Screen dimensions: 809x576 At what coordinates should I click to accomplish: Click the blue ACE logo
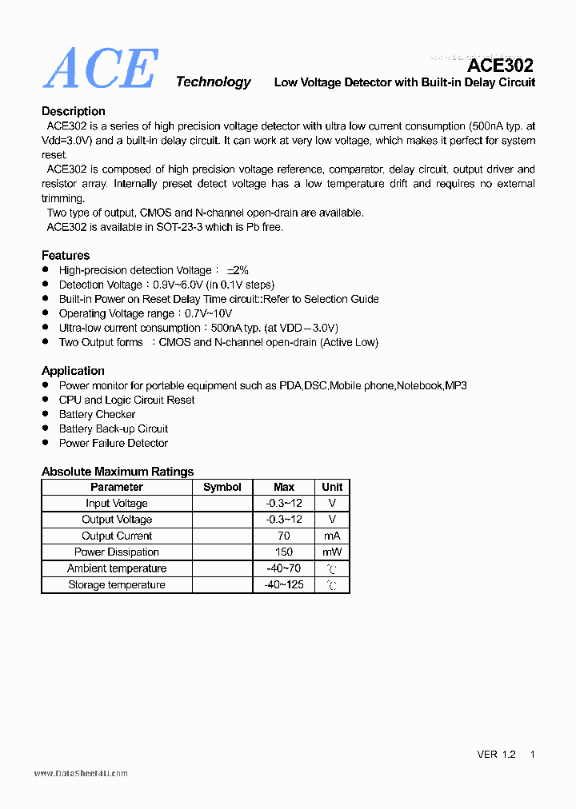tap(100, 69)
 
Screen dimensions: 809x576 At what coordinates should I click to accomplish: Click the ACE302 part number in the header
tap(500, 66)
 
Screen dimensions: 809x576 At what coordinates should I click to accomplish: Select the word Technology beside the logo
tap(213, 82)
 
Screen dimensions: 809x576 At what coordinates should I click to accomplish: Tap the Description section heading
tap(74, 111)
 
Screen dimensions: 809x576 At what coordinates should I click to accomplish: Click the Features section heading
tap(66, 255)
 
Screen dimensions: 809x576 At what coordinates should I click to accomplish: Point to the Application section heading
tap(73, 371)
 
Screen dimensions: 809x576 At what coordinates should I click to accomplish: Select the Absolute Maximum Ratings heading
tap(118, 472)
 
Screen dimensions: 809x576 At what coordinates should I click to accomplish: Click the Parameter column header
tap(117, 487)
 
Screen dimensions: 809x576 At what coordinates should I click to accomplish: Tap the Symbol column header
tap(222, 487)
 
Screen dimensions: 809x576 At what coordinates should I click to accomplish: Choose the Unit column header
tap(332, 487)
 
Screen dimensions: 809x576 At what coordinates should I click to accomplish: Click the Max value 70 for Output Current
tap(284, 536)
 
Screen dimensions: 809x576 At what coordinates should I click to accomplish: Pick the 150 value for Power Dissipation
tap(284, 552)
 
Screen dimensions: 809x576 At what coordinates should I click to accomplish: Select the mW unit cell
tap(332, 552)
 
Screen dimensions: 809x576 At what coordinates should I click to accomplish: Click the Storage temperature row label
tap(117, 584)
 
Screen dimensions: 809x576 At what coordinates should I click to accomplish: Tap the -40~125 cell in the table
tap(284, 584)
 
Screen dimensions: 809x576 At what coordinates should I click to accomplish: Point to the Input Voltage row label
tap(117, 503)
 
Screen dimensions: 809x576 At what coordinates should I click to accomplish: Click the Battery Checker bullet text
tap(98, 414)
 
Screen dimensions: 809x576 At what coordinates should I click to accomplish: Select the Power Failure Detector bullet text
tap(114, 443)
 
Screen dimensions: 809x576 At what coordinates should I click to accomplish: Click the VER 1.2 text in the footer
tap(497, 755)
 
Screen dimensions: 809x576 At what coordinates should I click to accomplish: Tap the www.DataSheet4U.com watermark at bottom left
tap(81, 774)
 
